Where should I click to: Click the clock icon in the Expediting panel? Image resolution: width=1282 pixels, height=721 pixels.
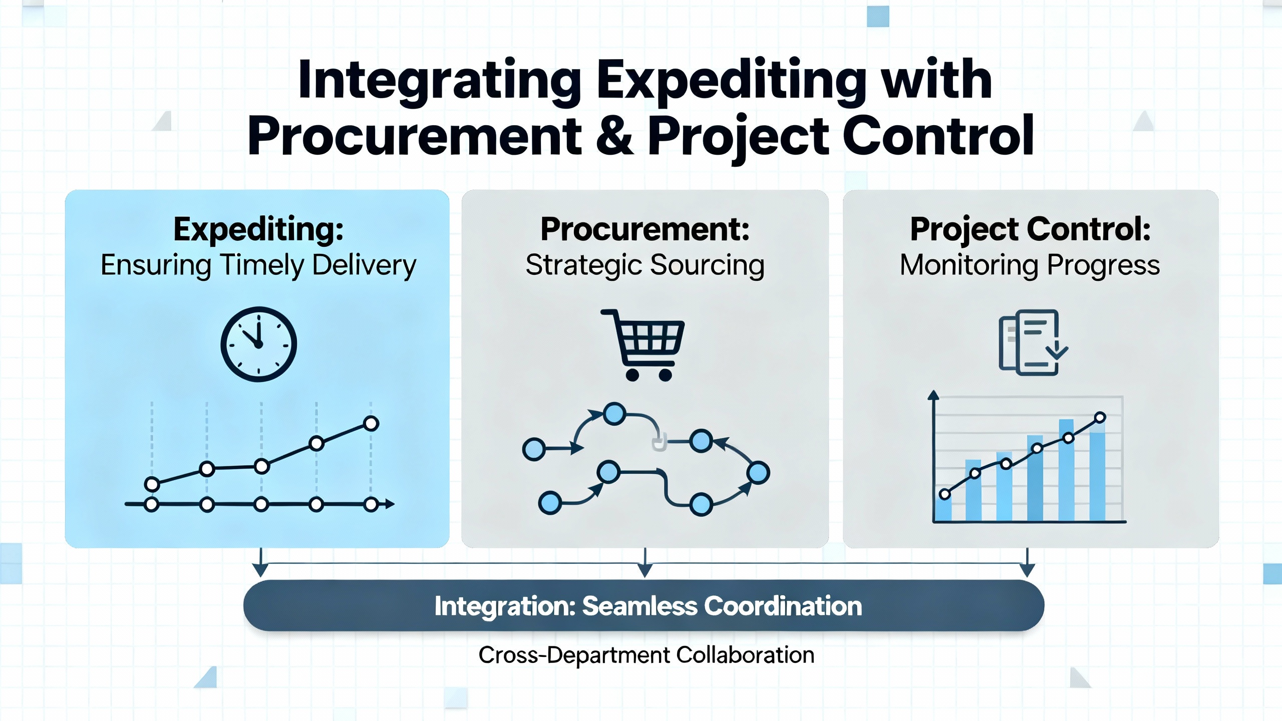coord(258,344)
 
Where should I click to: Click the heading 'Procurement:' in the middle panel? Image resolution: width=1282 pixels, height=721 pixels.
coord(645,229)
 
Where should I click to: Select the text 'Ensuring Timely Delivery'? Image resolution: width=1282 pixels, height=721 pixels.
coord(258,265)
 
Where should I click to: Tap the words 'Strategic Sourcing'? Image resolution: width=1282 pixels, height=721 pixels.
coord(645,265)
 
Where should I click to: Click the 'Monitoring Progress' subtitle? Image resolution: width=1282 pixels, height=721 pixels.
coord(1030,265)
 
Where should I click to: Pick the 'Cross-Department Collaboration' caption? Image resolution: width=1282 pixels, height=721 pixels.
coord(646,655)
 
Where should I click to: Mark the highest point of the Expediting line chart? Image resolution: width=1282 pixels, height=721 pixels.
coord(371,424)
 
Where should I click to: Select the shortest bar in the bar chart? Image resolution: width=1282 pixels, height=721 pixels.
coord(943,507)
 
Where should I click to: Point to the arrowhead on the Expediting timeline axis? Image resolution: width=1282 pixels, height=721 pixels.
coord(390,504)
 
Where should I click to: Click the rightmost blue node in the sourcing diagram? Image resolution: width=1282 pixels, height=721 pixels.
coord(758,473)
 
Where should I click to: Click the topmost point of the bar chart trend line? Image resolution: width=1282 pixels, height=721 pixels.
coord(1100,418)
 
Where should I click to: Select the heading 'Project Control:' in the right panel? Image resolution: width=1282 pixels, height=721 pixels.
coord(1030,229)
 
